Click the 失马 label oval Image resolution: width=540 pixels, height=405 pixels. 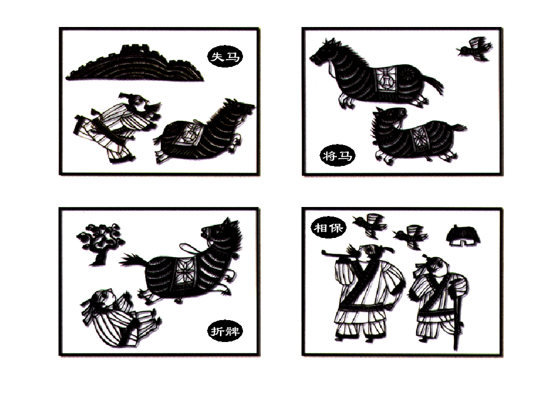point(225,56)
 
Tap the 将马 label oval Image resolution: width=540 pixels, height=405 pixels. point(337,155)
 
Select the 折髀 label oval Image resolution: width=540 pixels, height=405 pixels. point(225,331)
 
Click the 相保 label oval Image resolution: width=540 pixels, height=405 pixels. point(328,227)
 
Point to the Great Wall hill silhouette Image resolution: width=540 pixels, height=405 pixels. point(134,65)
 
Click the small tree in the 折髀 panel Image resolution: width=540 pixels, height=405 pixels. point(100,244)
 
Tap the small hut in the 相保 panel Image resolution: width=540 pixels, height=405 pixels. point(463,236)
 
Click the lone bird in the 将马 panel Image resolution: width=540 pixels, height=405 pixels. point(475,48)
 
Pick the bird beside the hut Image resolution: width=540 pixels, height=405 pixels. point(411,236)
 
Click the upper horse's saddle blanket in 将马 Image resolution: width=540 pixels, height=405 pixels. point(385,79)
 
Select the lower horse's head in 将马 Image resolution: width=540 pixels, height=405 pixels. point(389,119)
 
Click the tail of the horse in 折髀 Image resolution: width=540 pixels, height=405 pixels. point(134,260)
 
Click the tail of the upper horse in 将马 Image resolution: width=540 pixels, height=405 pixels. point(433,83)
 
